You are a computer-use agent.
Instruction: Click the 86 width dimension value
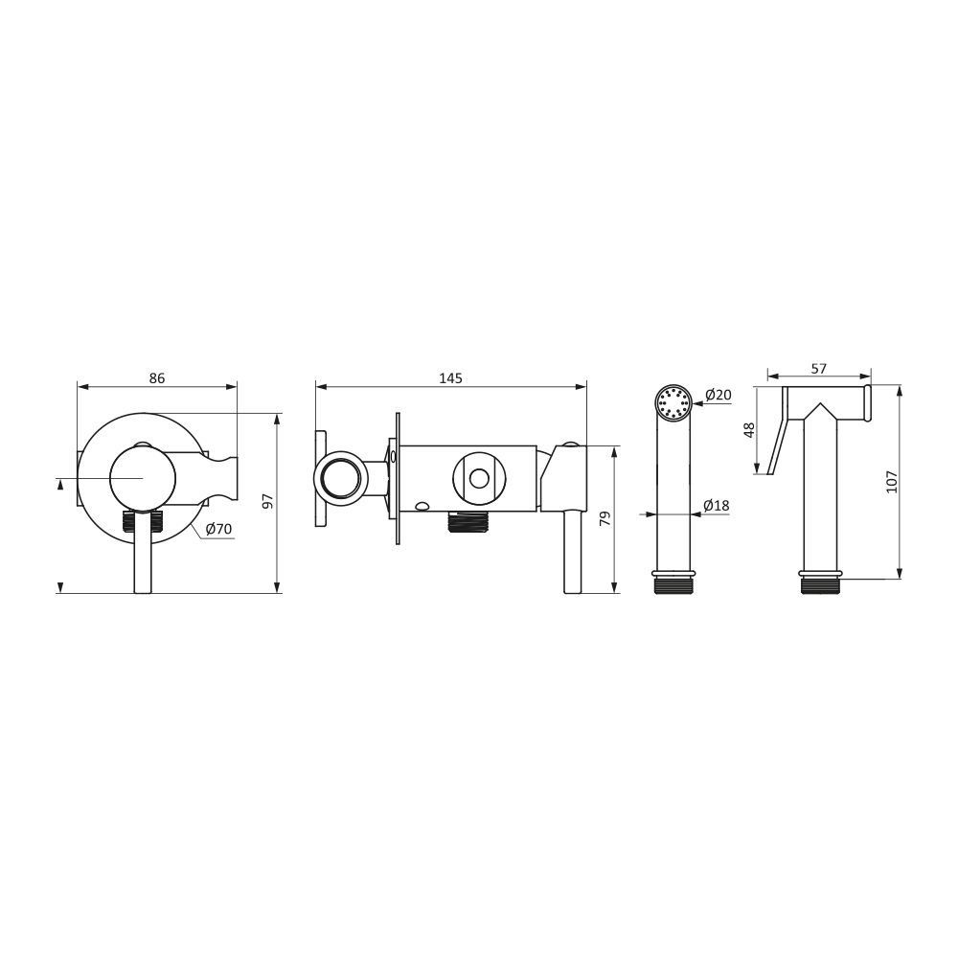pyautogui.click(x=157, y=378)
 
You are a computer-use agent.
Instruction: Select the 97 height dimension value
pyautogui.click(x=267, y=501)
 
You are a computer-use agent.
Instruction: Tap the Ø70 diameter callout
pyautogui.click(x=218, y=529)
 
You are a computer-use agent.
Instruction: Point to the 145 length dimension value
pyautogui.click(x=451, y=378)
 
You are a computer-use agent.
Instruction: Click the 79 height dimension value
pyautogui.click(x=605, y=519)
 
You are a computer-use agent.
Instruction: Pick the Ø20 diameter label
pyautogui.click(x=718, y=396)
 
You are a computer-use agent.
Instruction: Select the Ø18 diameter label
pyautogui.click(x=716, y=505)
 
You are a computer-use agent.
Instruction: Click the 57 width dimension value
pyautogui.click(x=819, y=369)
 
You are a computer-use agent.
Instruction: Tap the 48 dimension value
pyautogui.click(x=750, y=429)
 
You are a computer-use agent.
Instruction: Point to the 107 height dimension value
pyautogui.click(x=891, y=482)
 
